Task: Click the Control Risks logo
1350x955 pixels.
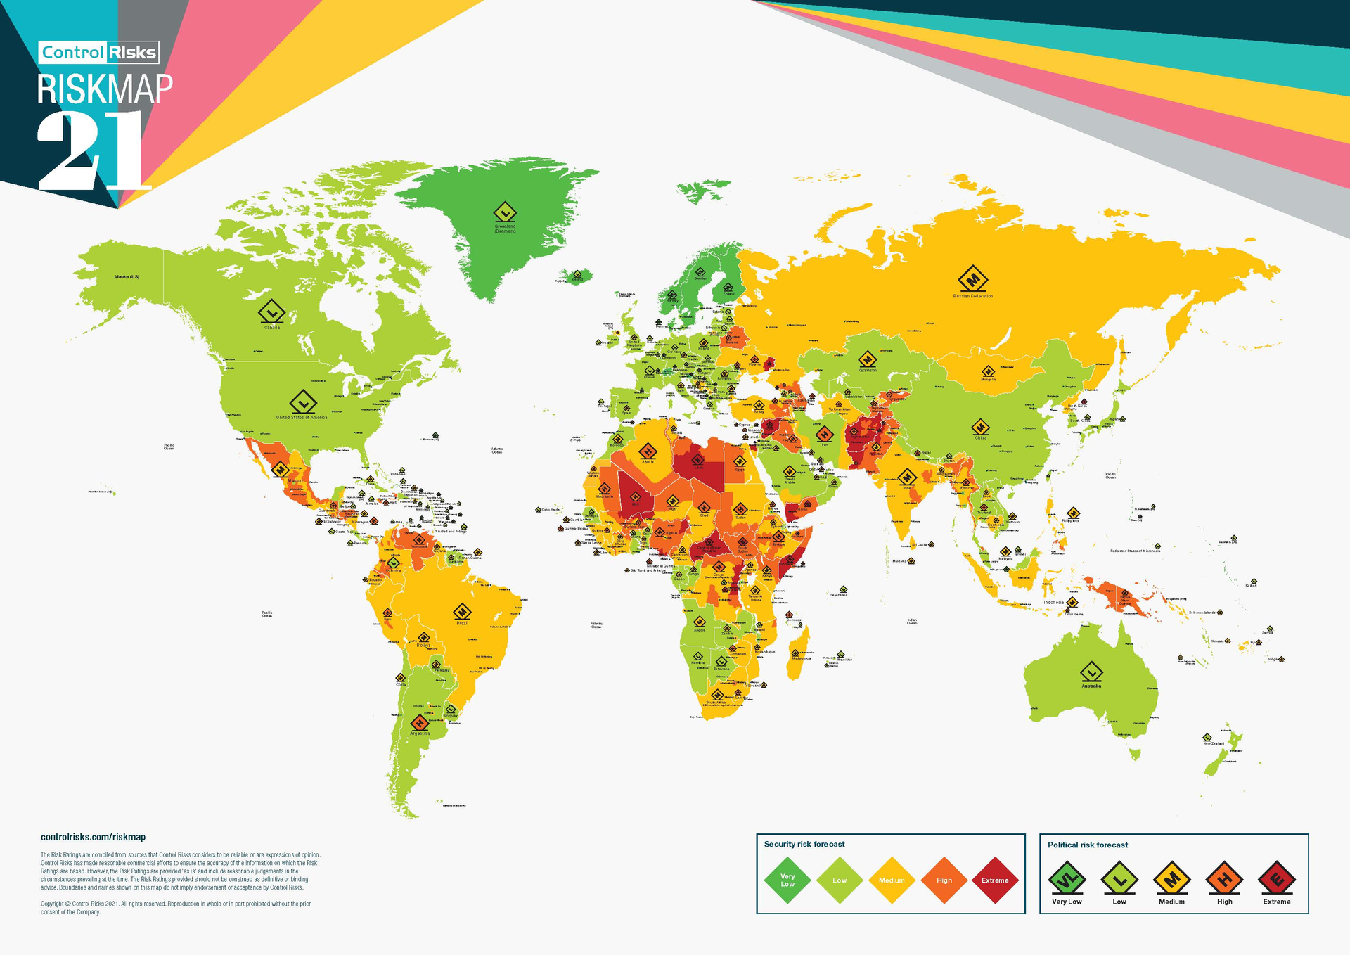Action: coord(98,53)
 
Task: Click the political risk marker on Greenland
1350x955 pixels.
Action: coord(505,212)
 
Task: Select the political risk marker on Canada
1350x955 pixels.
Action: coord(271,311)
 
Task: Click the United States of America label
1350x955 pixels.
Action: coord(302,418)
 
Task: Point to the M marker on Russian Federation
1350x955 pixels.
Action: coord(972,279)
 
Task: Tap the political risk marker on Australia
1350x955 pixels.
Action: coord(1091,672)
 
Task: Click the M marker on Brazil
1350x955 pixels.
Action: coord(462,612)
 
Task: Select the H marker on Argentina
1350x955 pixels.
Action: coord(420,722)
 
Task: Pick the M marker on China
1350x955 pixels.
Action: coord(980,428)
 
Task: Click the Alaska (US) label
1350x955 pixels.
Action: coord(127,277)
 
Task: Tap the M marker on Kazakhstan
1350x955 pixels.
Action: coord(867,359)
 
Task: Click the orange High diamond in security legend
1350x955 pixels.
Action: coord(944,880)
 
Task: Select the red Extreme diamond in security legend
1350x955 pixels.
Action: coord(995,880)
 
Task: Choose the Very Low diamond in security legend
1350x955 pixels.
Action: coord(787,880)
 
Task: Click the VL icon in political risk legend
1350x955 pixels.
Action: coord(1067,879)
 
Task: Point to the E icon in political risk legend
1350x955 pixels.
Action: coord(1277,879)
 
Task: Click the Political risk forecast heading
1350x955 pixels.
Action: coord(1087,845)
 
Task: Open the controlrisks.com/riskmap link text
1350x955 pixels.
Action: coord(93,837)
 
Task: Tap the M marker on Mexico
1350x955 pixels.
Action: coord(280,469)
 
